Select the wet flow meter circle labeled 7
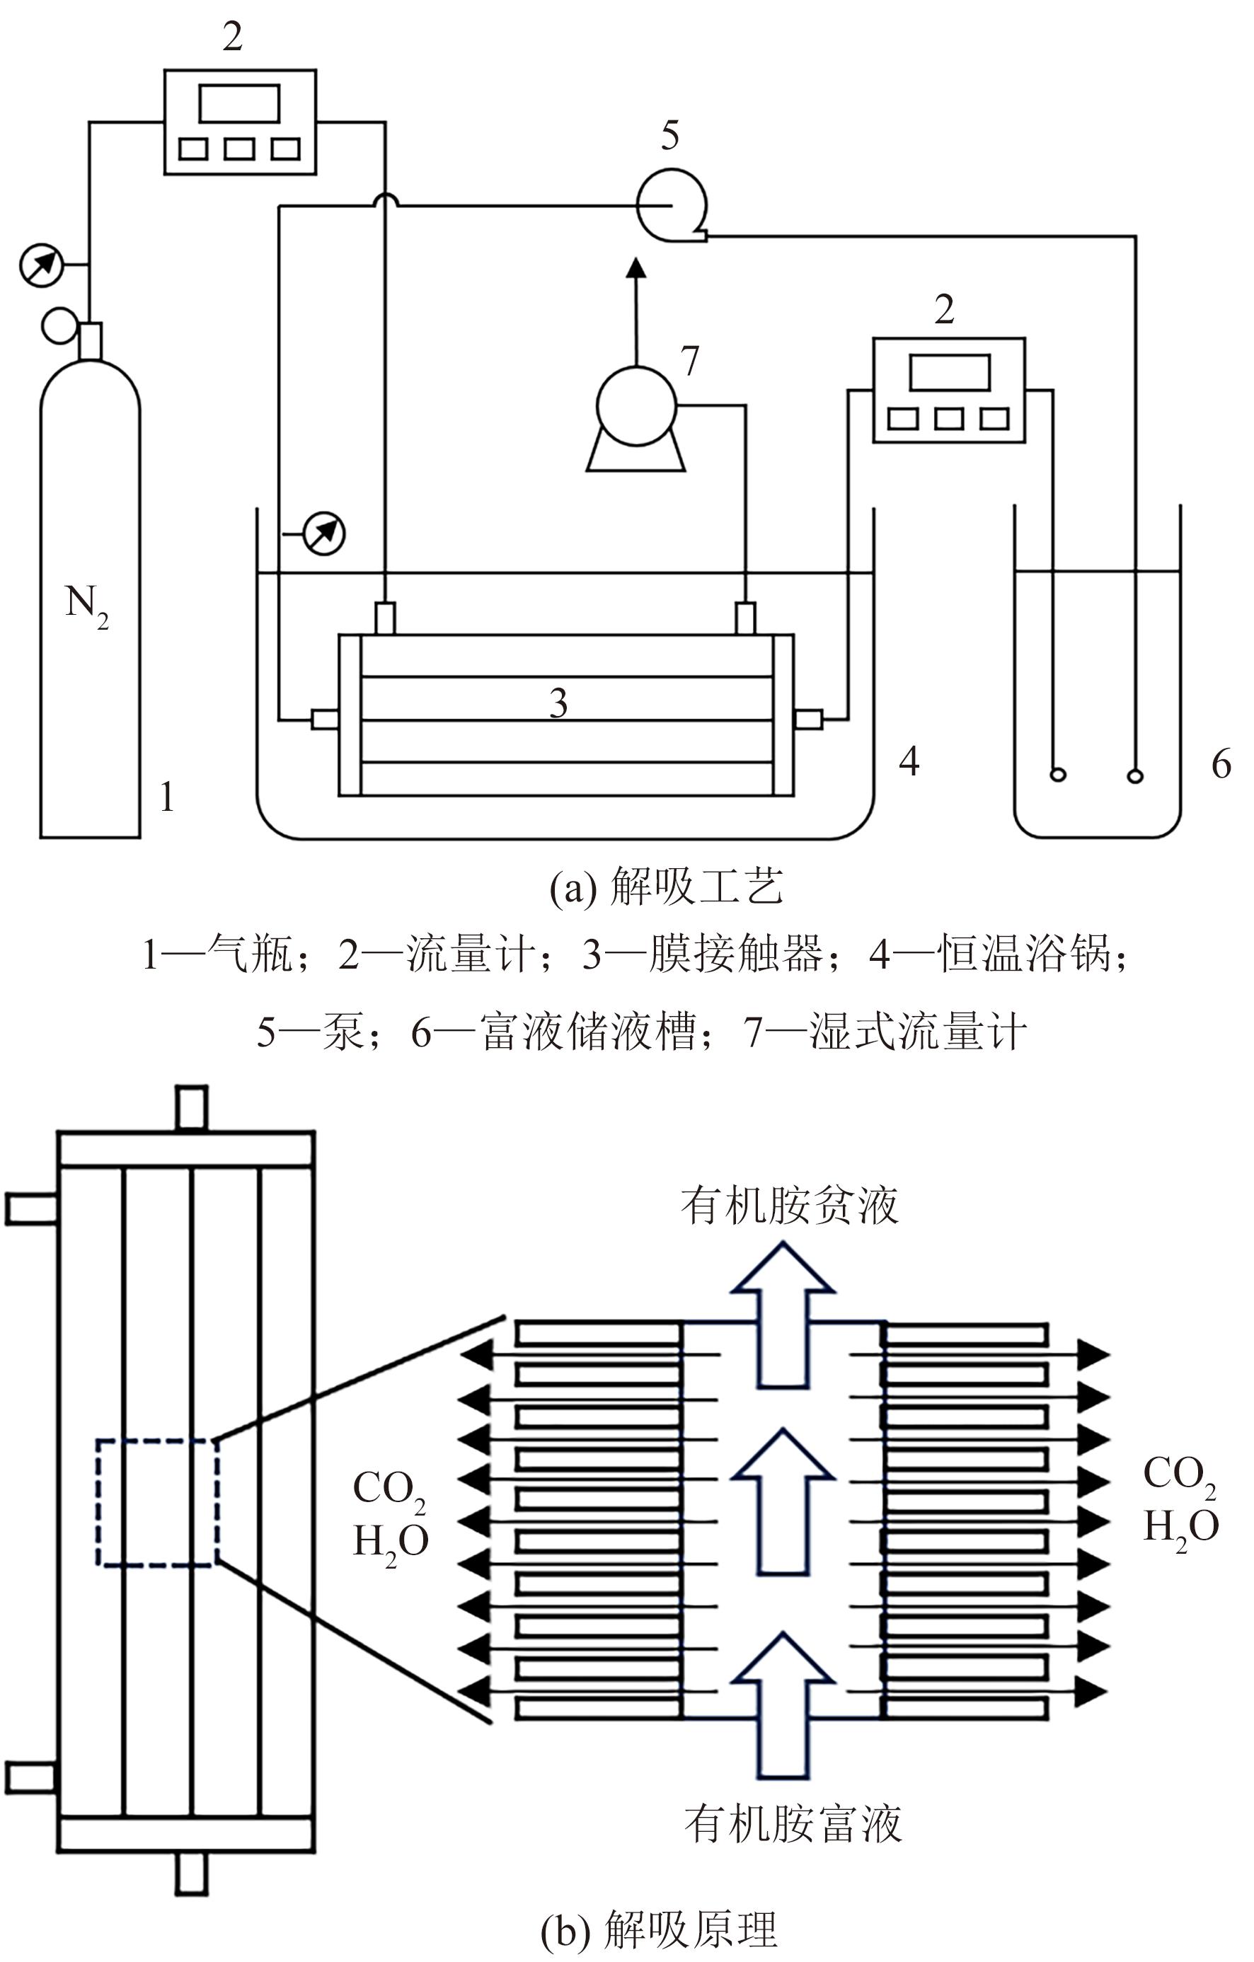(x=636, y=405)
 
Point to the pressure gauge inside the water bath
(x=323, y=533)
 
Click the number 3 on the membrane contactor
(x=558, y=703)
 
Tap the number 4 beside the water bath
(x=909, y=761)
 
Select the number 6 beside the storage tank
(x=1221, y=763)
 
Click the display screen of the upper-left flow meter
(x=240, y=103)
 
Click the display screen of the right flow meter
(x=949, y=372)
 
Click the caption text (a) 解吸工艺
(x=667, y=887)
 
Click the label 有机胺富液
(x=793, y=1823)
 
